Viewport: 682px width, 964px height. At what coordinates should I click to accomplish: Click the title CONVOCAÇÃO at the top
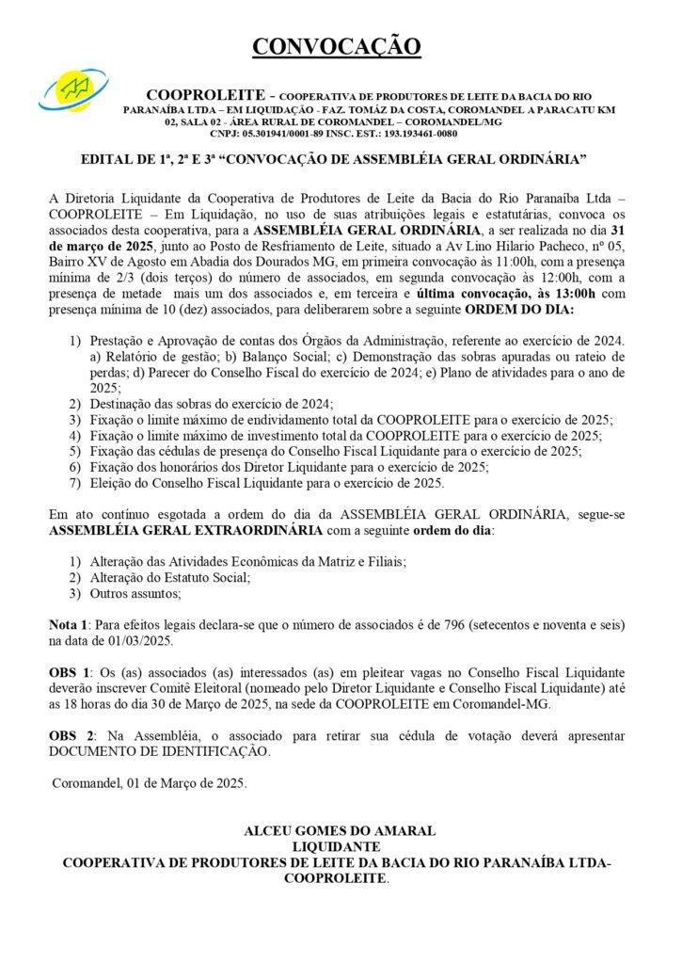coord(340,44)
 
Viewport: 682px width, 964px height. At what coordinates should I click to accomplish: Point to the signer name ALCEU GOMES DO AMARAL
coord(340,831)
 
